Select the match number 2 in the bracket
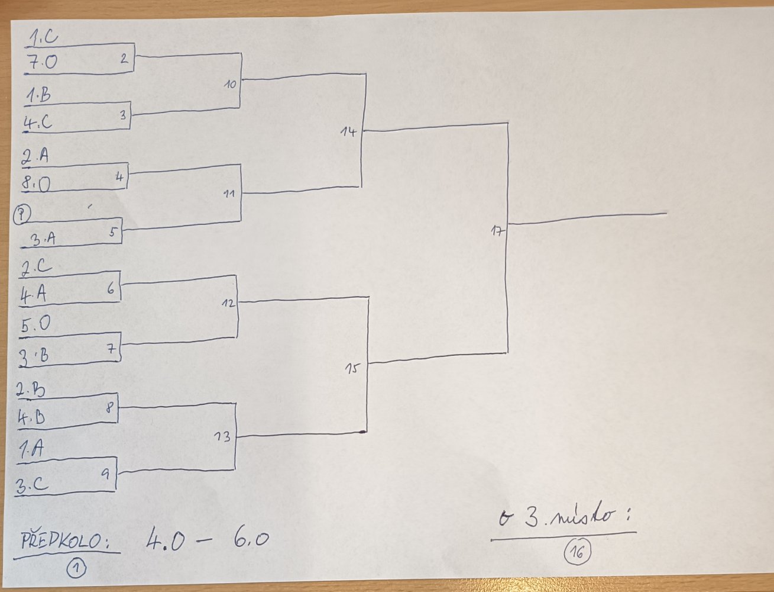point(124,58)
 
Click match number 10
point(230,84)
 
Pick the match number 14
point(349,131)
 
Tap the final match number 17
point(497,231)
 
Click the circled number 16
point(577,553)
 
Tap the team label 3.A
point(43,239)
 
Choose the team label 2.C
point(37,267)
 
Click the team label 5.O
point(35,324)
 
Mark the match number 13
point(222,437)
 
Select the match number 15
point(352,369)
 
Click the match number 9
point(106,474)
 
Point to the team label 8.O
point(37,184)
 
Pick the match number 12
point(229,303)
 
